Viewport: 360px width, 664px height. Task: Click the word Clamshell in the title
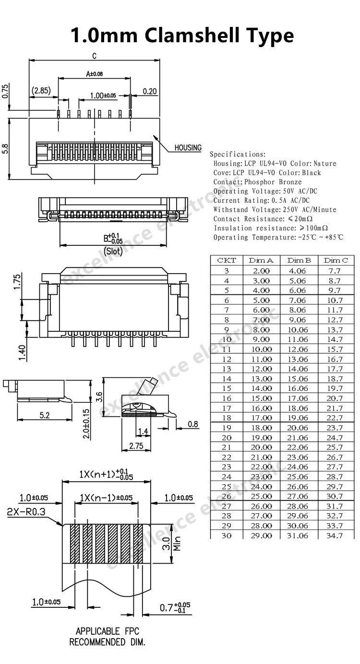pos(192,35)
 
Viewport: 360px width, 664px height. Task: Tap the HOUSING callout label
pos(188,147)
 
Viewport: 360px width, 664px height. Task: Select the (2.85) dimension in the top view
pos(41,90)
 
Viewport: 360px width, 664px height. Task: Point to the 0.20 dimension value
pos(150,91)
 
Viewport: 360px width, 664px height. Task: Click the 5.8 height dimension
pos(5,149)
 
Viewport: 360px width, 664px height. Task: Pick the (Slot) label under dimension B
pos(113,252)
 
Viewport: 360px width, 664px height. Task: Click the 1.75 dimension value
pos(17,282)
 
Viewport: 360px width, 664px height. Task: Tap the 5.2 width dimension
pos(45,415)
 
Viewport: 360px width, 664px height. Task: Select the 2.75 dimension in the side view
pos(136,446)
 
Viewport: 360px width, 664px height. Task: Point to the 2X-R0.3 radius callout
pos(26,512)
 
